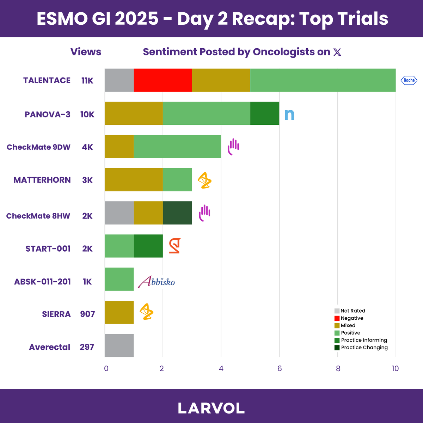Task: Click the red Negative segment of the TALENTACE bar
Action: (x=163, y=80)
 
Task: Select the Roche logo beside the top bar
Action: (x=409, y=80)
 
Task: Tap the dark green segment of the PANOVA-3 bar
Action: (x=265, y=114)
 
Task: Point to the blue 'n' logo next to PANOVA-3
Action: (x=289, y=114)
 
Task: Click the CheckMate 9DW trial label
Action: (x=38, y=147)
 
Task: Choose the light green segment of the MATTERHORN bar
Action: (x=177, y=180)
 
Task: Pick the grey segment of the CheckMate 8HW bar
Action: (x=119, y=213)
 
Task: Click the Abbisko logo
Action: (x=156, y=282)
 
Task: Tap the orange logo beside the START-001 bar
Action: (x=174, y=246)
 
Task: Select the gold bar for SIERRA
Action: (x=119, y=312)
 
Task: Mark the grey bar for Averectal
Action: (x=119, y=345)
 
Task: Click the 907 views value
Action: (x=87, y=314)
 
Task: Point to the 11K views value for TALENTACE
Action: (x=87, y=81)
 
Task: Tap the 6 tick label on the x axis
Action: (x=280, y=369)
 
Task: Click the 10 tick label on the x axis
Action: (x=395, y=369)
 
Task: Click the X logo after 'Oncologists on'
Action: (x=337, y=53)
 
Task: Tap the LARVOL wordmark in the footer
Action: (x=211, y=408)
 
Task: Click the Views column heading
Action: (x=86, y=52)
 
